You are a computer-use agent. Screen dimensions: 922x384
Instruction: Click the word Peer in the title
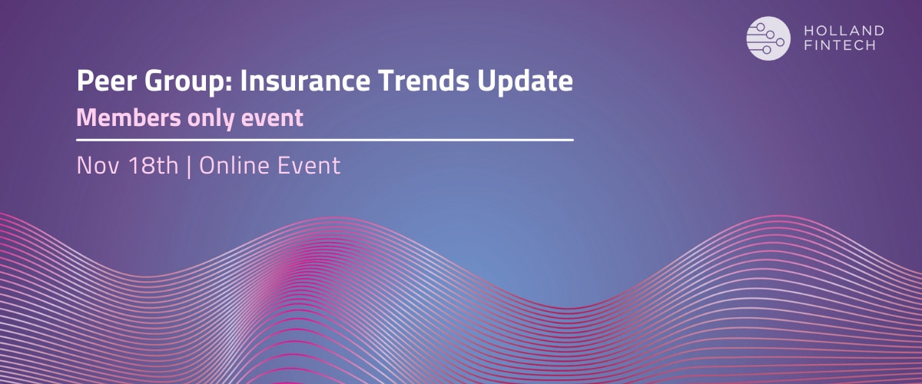point(107,81)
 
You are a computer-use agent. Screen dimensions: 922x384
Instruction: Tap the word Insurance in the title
point(305,81)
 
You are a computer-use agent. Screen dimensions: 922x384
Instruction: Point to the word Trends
point(423,81)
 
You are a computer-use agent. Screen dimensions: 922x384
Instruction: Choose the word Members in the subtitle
point(128,118)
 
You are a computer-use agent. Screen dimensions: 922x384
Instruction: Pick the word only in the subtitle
point(211,119)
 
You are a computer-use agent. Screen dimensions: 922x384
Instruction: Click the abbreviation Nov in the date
point(98,165)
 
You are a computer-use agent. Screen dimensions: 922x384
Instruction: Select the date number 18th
point(153,165)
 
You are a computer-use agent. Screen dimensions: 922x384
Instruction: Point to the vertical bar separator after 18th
point(189,167)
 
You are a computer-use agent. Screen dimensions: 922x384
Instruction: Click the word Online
point(234,165)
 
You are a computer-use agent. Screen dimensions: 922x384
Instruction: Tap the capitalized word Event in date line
point(309,165)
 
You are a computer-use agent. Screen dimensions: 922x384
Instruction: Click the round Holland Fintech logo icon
point(768,38)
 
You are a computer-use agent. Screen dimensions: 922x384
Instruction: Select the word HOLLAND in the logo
point(844,31)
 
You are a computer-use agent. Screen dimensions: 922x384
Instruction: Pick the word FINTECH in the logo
point(840,45)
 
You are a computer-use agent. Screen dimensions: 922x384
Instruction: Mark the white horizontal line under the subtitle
point(325,140)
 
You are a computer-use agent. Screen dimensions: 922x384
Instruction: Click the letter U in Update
point(486,81)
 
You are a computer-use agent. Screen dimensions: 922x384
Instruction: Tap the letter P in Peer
point(85,81)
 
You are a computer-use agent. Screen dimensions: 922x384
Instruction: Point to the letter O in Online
point(208,165)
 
